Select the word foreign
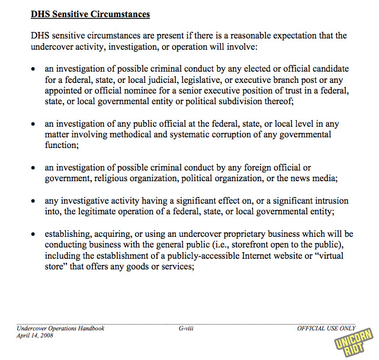point(262,168)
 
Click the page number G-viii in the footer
point(187,328)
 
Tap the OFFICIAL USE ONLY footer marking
point(326,328)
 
